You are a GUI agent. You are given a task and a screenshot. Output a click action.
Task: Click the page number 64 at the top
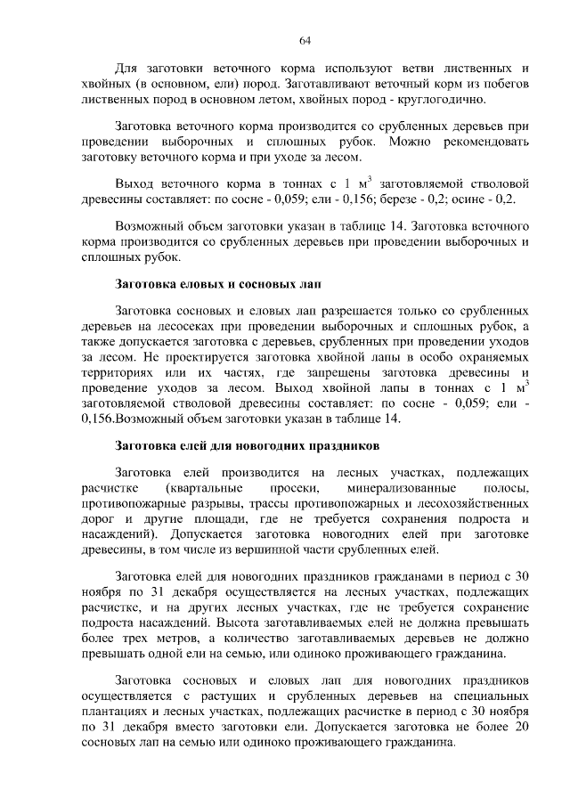(x=304, y=40)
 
